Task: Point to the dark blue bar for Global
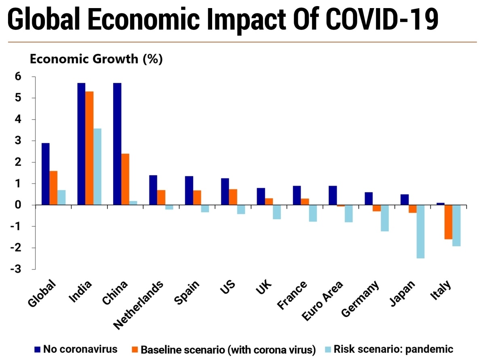pyautogui.click(x=46, y=174)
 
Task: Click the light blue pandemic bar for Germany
pyautogui.click(x=384, y=218)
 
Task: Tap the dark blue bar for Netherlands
pyautogui.click(x=153, y=190)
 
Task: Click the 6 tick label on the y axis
pyautogui.click(x=19, y=76)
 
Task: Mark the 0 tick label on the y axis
pyautogui.click(x=19, y=205)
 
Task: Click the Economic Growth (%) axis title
pyautogui.click(x=96, y=59)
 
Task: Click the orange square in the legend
pyautogui.click(x=135, y=349)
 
